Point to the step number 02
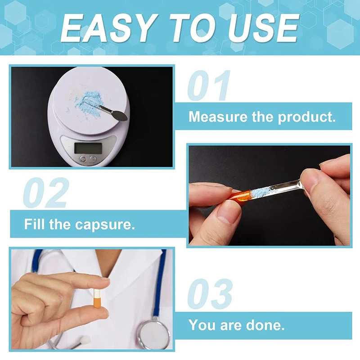(46, 193)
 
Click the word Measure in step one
(218, 117)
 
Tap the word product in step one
(307, 117)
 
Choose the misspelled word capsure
(105, 225)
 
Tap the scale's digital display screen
(88, 148)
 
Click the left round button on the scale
(83, 159)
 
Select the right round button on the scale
(93, 159)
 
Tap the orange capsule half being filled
(240, 197)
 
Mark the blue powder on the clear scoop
(261, 192)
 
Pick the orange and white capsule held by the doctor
(97, 298)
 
